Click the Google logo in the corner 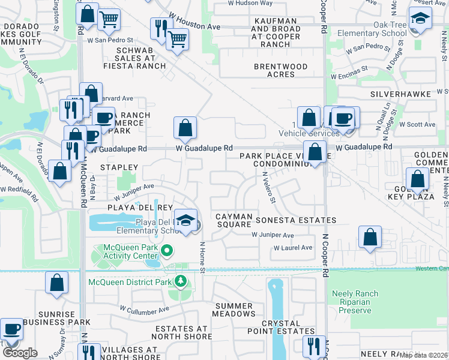[20, 353]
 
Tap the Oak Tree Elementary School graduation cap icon [420, 19]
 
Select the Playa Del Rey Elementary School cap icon [186, 220]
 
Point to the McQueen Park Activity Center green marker [167, 250]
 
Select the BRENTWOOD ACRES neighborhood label [280, 70]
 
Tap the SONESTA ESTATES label [296, 220]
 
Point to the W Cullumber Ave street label [144, 311]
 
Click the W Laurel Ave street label [293, 247]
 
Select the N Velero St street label [268, 188]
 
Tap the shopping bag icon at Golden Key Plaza [418, 179]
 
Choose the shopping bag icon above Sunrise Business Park [56, 283]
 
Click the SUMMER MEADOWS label [234, 310]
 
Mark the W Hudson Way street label [250, 3]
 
